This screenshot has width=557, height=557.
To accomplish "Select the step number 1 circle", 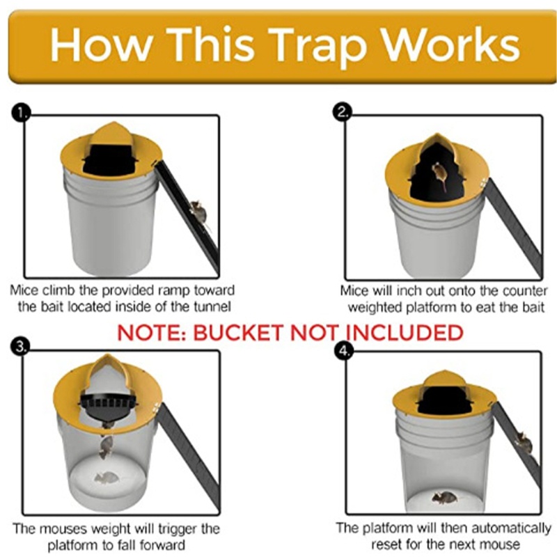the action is [x=21, y=113].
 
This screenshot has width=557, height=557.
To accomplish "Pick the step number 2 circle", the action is [x=343, y=112].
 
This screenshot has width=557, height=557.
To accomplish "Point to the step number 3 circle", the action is [x=21, y=347].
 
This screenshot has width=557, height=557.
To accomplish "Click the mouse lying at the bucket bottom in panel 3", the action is [x=106, y=478].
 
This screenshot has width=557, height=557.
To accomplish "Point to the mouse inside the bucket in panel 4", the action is [x=445, y=498].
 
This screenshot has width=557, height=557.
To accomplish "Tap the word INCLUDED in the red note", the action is [x=405, y=334].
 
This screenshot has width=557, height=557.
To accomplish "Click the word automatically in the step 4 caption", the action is [x=511, y=528].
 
